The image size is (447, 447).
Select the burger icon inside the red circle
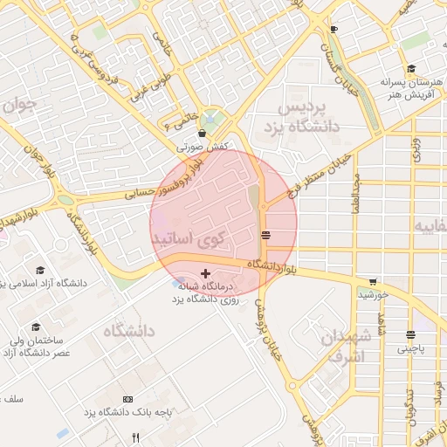click(265, 235)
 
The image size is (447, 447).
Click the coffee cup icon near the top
click(333, 29)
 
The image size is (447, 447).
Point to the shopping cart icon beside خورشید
click(374, 282)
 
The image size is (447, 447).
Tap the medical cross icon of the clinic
click(205, 273)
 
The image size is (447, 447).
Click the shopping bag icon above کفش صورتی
click(203, 134)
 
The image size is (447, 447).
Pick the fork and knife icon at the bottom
click(134, 437)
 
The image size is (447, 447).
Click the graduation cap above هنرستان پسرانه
click(410, 69)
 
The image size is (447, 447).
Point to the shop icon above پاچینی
click(409, 334)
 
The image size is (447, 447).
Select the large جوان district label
click(18, 109)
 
